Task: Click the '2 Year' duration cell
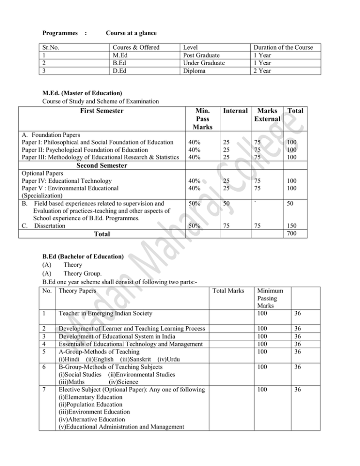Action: click(264, 71)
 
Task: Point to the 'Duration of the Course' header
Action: click(283, 47)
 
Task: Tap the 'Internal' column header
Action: click(233, 111)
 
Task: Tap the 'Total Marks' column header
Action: click(229, 291)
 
